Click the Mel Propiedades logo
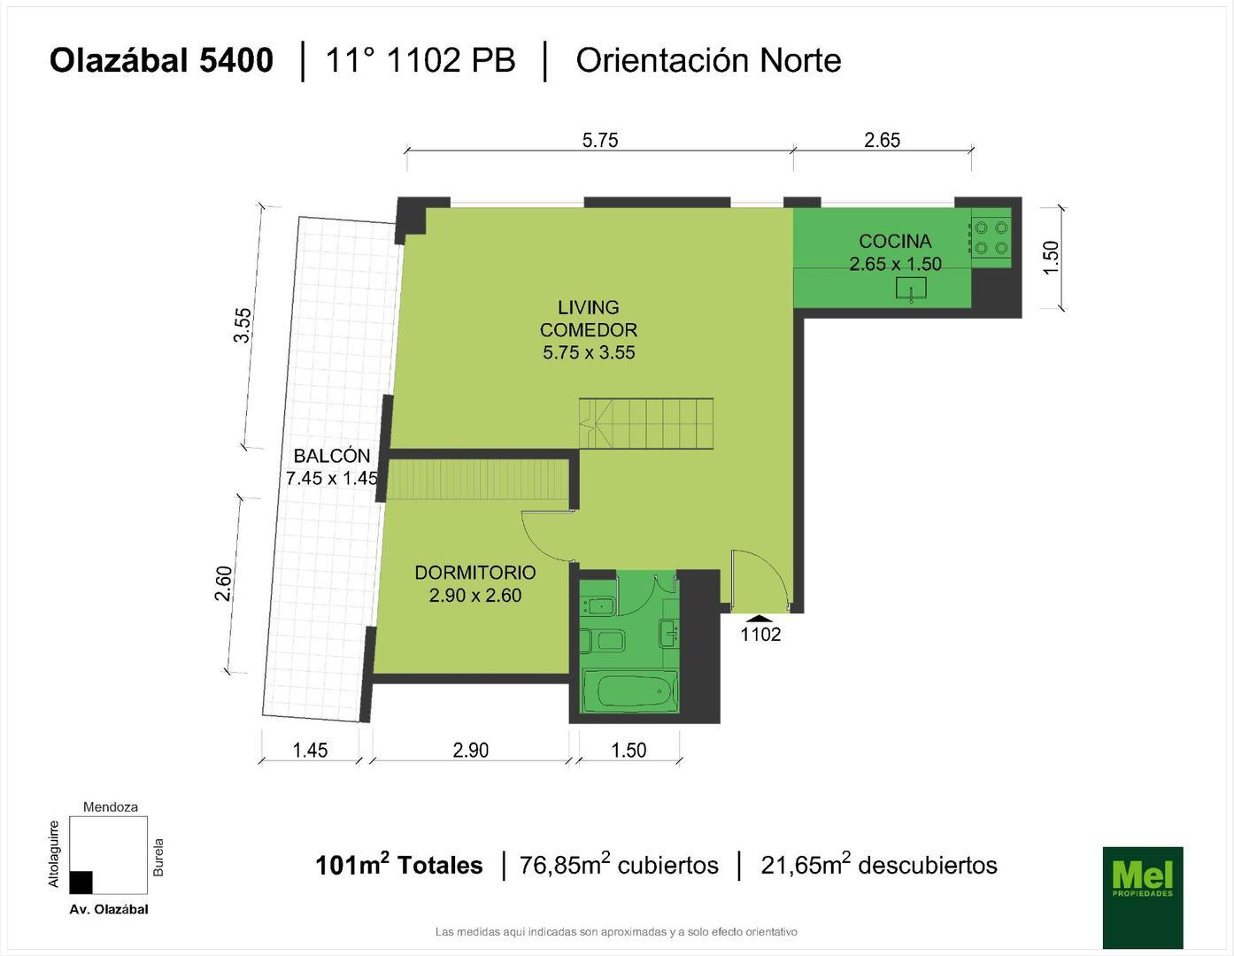[1142, 897]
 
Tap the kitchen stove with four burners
[991, 237]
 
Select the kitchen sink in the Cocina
[911, 289]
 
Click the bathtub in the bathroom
[629, 690]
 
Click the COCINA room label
[895, 241]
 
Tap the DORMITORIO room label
[475, 573]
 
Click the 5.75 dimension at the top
[600, 140]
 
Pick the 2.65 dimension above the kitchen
[882, 140]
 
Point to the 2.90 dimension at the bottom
[470, 750]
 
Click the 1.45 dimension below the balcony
[310, 750]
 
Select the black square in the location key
[81, 883]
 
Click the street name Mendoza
[111, 806]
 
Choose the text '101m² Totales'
[398, 865]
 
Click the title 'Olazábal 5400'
[161, 60]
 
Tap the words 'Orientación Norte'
[708, 60]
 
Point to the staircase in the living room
[646, 423]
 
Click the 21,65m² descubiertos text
[878, 865]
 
